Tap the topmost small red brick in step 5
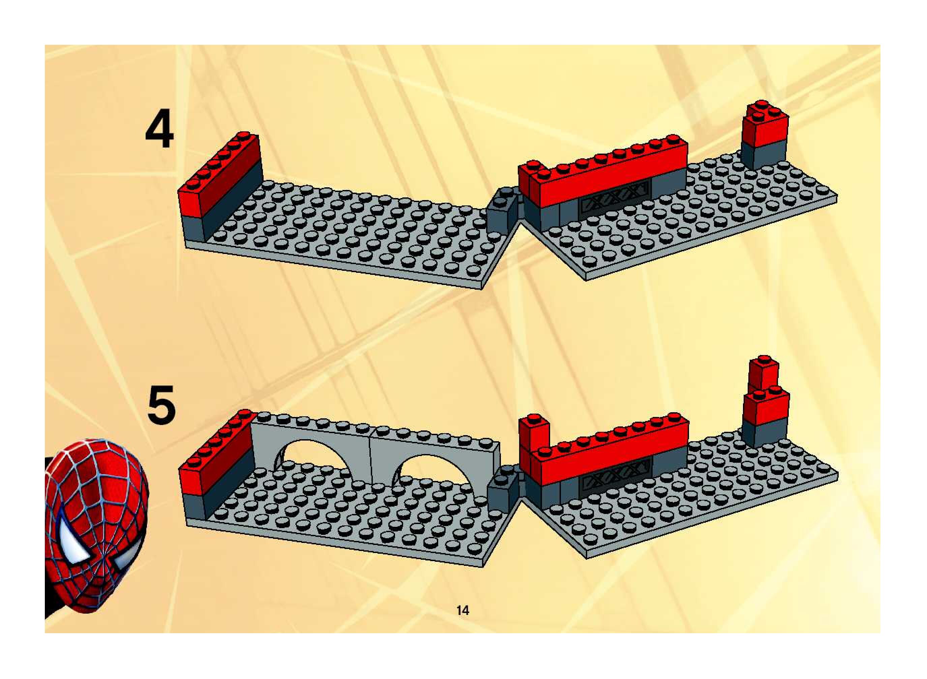coord(763,373)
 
